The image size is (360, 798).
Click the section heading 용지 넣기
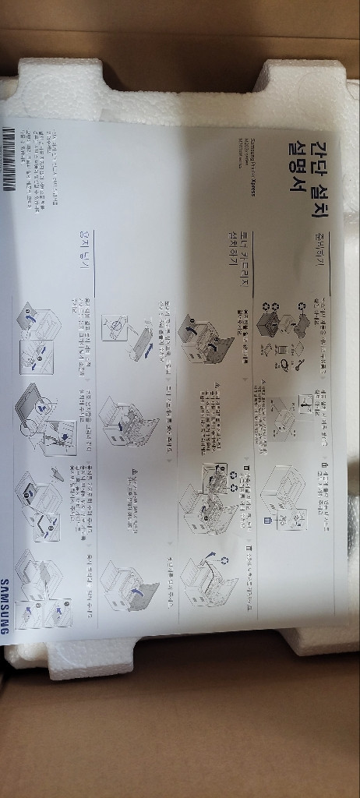pyautogui.click(x=77, y=251)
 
